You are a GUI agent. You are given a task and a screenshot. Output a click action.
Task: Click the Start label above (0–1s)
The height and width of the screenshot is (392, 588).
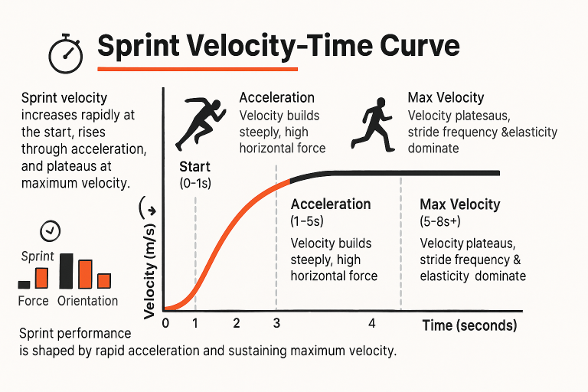(x=194, y=167)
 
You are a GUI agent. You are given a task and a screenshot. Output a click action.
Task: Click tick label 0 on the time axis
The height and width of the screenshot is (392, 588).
(x=165, y=322)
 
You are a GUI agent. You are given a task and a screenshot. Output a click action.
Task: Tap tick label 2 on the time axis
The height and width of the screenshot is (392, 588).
(x=236, y=322)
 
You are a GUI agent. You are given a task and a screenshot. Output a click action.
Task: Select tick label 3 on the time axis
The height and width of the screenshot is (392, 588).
(x=276, y=322)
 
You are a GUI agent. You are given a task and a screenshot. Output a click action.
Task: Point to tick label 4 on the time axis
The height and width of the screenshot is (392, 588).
(x=371, y=323)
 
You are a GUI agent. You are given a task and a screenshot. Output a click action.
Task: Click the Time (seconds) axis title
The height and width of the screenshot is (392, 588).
(x=469, y=325)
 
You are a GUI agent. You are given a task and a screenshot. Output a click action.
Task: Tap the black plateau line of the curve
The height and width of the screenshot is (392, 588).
(x=413, y=173)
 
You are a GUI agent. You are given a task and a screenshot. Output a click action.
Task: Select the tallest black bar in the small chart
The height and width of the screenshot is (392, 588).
(x=66, y=270)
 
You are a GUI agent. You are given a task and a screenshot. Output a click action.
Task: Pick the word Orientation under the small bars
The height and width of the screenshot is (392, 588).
(x=87, y=301)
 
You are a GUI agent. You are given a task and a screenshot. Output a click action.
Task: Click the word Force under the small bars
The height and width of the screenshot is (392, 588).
(x=33, y=301)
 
